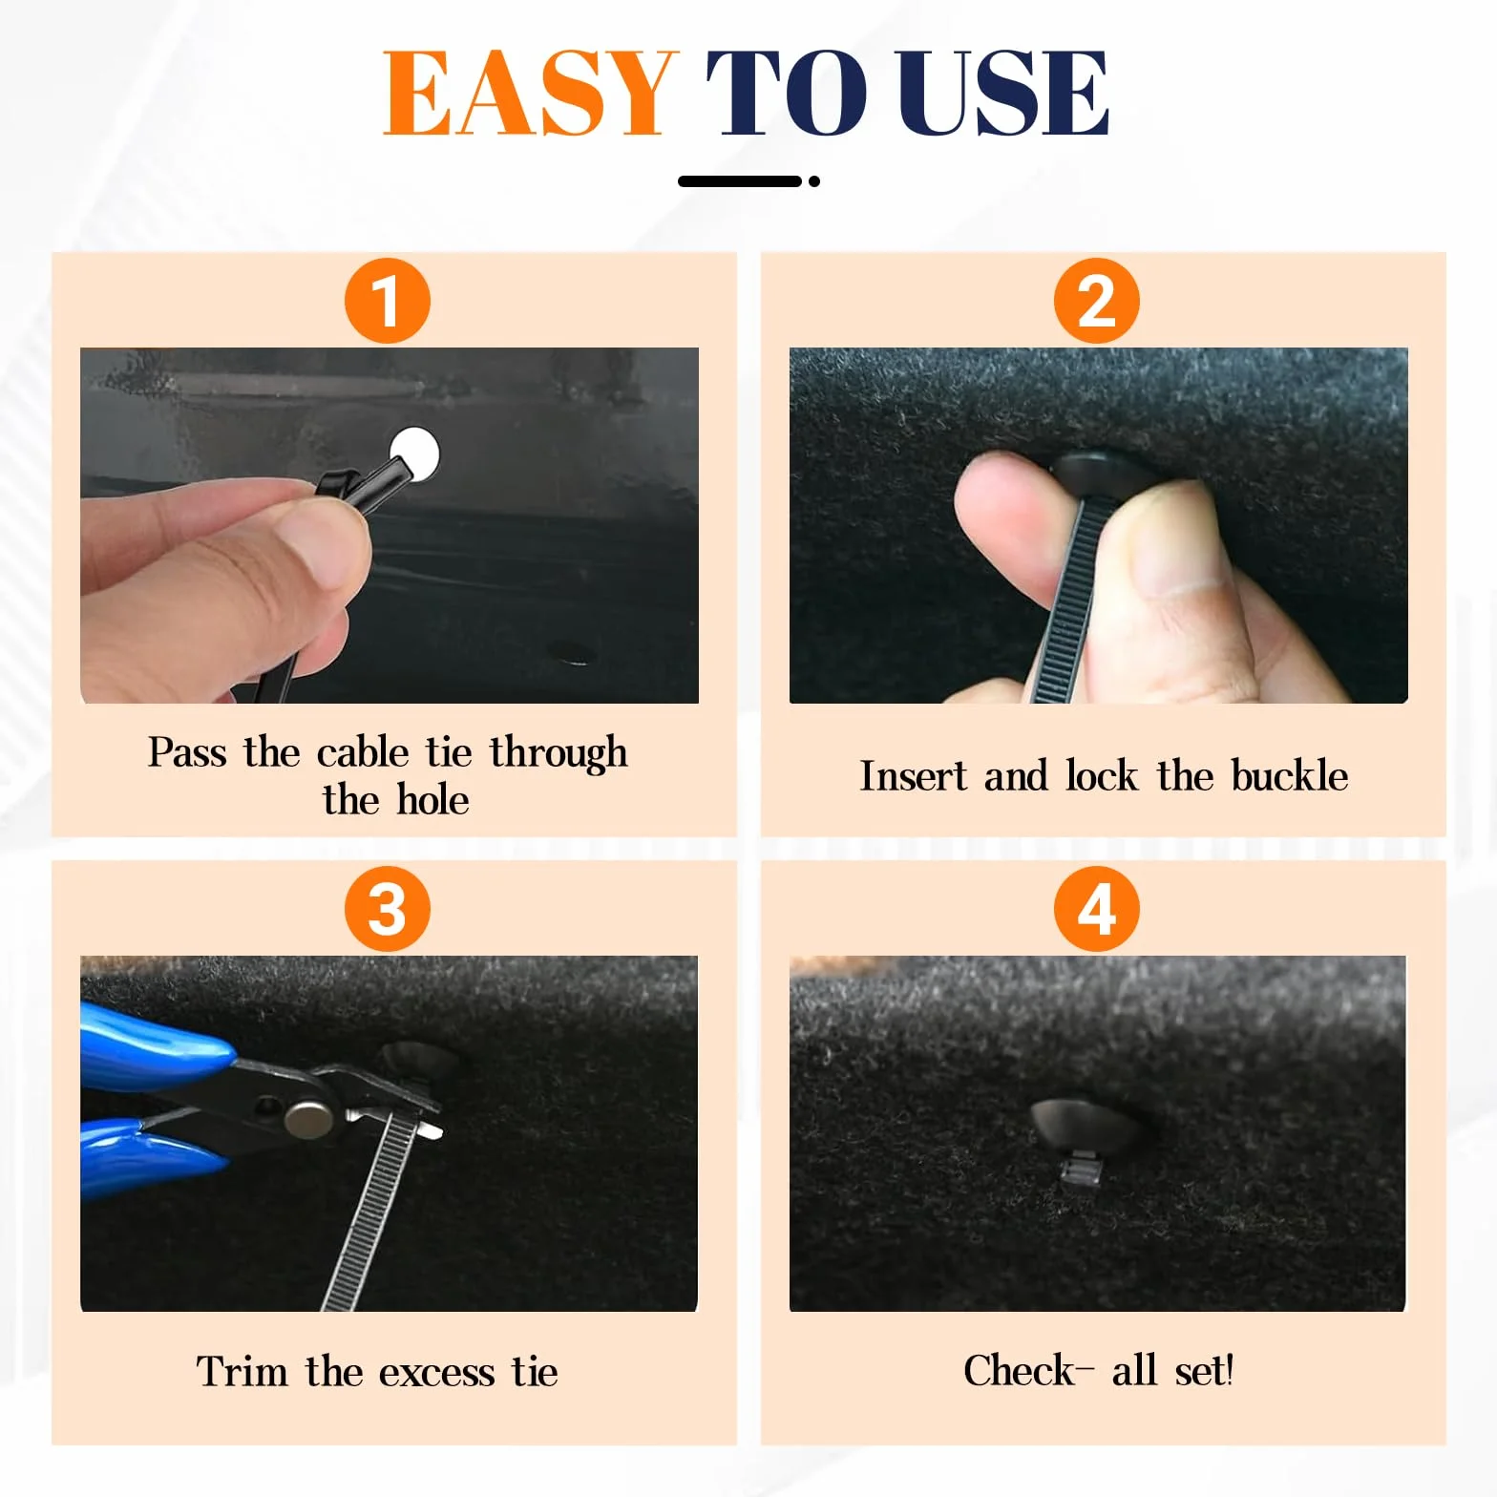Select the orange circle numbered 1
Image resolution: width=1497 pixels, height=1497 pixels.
388,301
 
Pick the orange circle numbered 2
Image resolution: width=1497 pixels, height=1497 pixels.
1097,301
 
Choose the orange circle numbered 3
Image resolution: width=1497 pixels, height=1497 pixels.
388,909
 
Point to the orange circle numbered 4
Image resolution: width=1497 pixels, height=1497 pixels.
1097,909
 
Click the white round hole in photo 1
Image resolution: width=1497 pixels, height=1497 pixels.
415,453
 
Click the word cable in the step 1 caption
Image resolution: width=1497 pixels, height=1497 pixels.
363,752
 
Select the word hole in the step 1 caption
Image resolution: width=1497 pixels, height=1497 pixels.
432,799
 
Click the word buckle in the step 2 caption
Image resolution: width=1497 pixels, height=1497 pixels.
1290,775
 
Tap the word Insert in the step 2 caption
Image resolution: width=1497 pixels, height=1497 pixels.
914,775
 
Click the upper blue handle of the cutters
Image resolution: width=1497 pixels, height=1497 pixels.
153,1045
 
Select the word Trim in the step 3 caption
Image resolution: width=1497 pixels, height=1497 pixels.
242,1372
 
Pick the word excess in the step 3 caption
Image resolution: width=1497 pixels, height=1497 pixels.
436,1373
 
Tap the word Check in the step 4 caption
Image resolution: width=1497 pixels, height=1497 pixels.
1019,1370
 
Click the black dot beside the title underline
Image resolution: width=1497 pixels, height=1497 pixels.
813,181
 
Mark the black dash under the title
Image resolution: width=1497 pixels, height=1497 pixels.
740,181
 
